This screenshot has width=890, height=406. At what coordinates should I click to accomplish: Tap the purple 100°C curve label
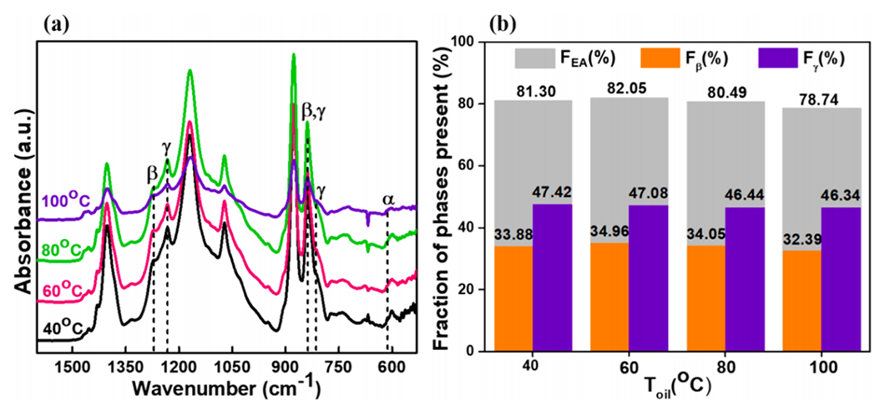[67, 202]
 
